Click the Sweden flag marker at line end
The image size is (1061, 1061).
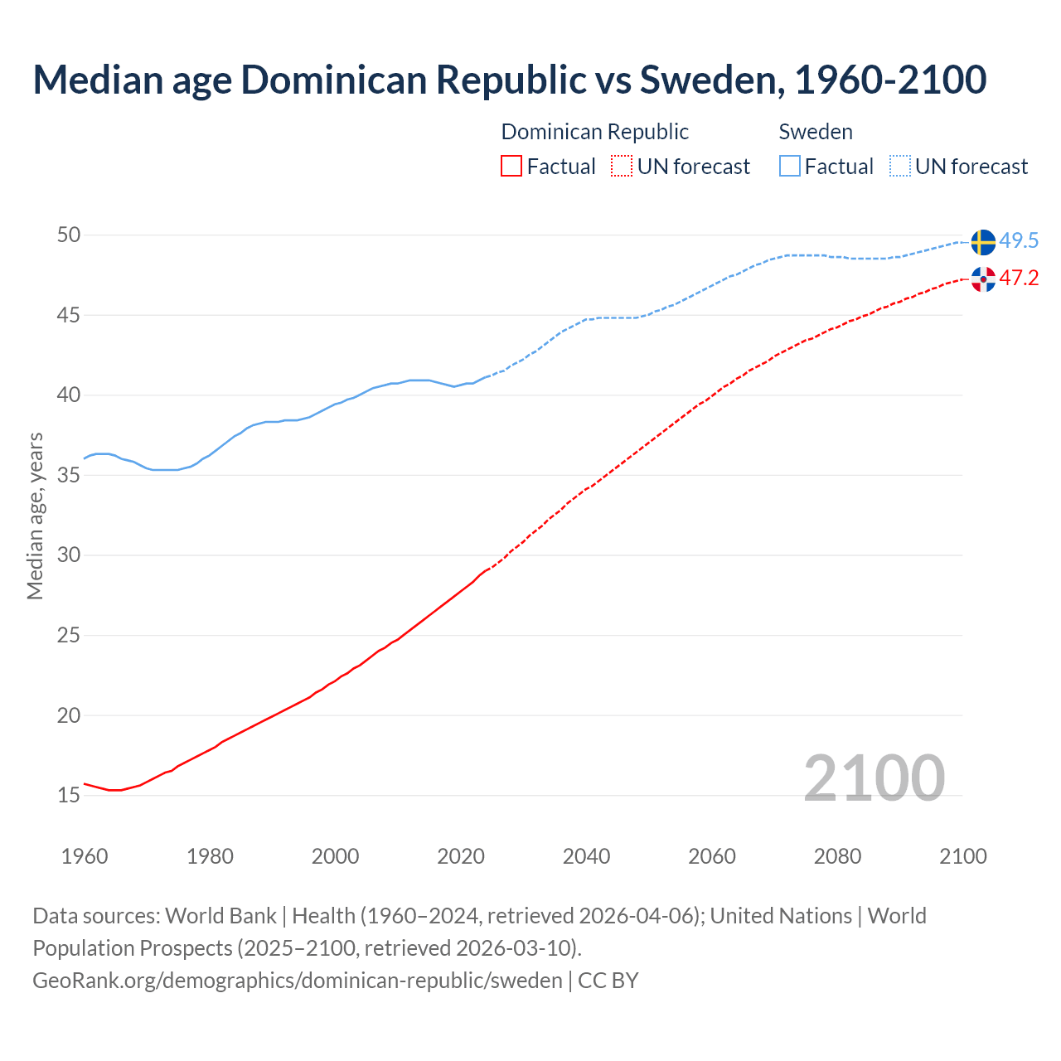click(983, 242)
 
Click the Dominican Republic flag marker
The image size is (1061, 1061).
click(983, 279)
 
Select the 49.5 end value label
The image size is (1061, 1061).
click(1019, 241)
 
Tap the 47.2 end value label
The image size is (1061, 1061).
click(1019, 278)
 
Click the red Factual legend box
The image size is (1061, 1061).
click(511, 167)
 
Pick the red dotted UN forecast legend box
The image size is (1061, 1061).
click(622, 167)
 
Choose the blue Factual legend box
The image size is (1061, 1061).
click(790, 167)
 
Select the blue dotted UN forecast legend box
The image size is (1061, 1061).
click(900, 167)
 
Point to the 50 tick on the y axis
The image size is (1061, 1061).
click(69, 235)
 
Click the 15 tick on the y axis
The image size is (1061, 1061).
click(69, 796)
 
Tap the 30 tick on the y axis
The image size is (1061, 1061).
click(69, 555)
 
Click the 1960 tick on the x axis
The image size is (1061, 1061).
click(85, 856)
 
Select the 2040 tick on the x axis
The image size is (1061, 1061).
click(586, 856)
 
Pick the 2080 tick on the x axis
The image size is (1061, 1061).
click(837, 856)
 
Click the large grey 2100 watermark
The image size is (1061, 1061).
click(874, 778)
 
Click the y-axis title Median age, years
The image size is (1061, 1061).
click(35, 516)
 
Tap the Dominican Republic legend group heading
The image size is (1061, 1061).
click(594, 132)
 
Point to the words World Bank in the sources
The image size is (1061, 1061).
click(220, 916)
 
